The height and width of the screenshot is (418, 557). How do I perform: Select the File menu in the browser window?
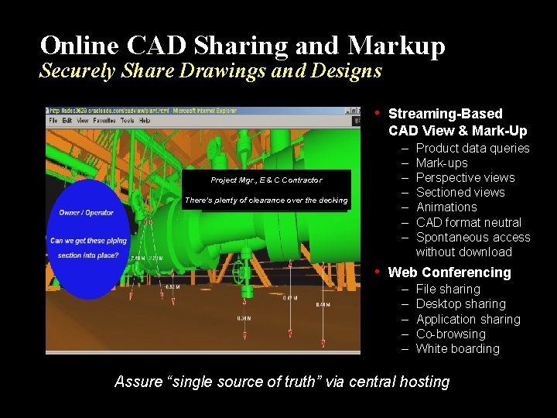pos(53,121)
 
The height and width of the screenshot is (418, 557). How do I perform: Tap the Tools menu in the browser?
pos(127,121)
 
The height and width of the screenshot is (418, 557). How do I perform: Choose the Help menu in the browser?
pos(145,121)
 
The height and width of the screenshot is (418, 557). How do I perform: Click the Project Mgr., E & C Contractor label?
pos(266,180)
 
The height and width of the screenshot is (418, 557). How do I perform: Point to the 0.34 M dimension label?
pos(244,318)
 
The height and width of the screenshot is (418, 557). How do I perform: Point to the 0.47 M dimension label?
pos(289,298)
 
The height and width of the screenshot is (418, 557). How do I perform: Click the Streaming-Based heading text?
pos(445,114)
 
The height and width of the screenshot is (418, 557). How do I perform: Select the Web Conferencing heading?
pos(449,272)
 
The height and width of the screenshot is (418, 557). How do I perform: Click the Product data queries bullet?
pos(472,148)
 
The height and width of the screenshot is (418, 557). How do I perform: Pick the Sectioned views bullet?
pos(460,192)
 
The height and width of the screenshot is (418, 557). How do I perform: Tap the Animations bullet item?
pos(446,207)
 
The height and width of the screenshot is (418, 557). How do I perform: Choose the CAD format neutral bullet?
pos(468,222)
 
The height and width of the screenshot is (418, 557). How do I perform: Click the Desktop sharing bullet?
pos(460,304)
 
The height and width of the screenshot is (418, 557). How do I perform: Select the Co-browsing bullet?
pos(450,334)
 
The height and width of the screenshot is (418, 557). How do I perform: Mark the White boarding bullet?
pos(457,348)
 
